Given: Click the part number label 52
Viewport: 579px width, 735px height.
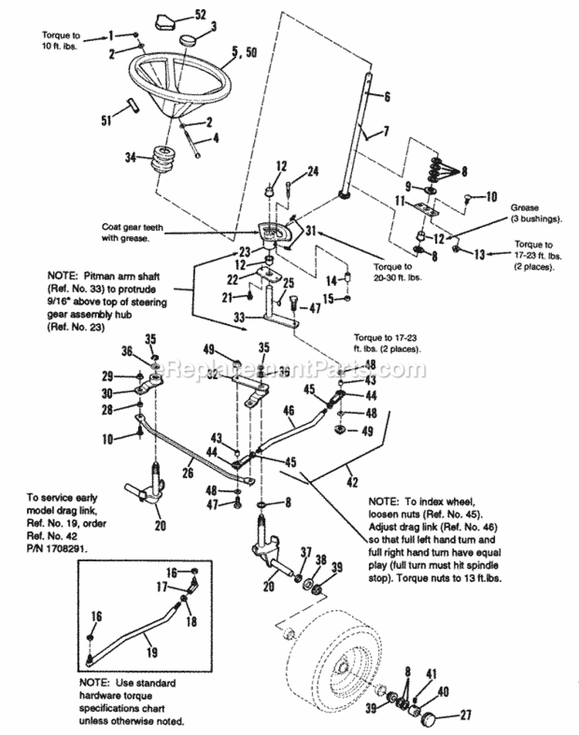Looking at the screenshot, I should click(201, 15).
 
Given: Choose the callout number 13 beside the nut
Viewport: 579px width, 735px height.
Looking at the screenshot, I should click(479, 252).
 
